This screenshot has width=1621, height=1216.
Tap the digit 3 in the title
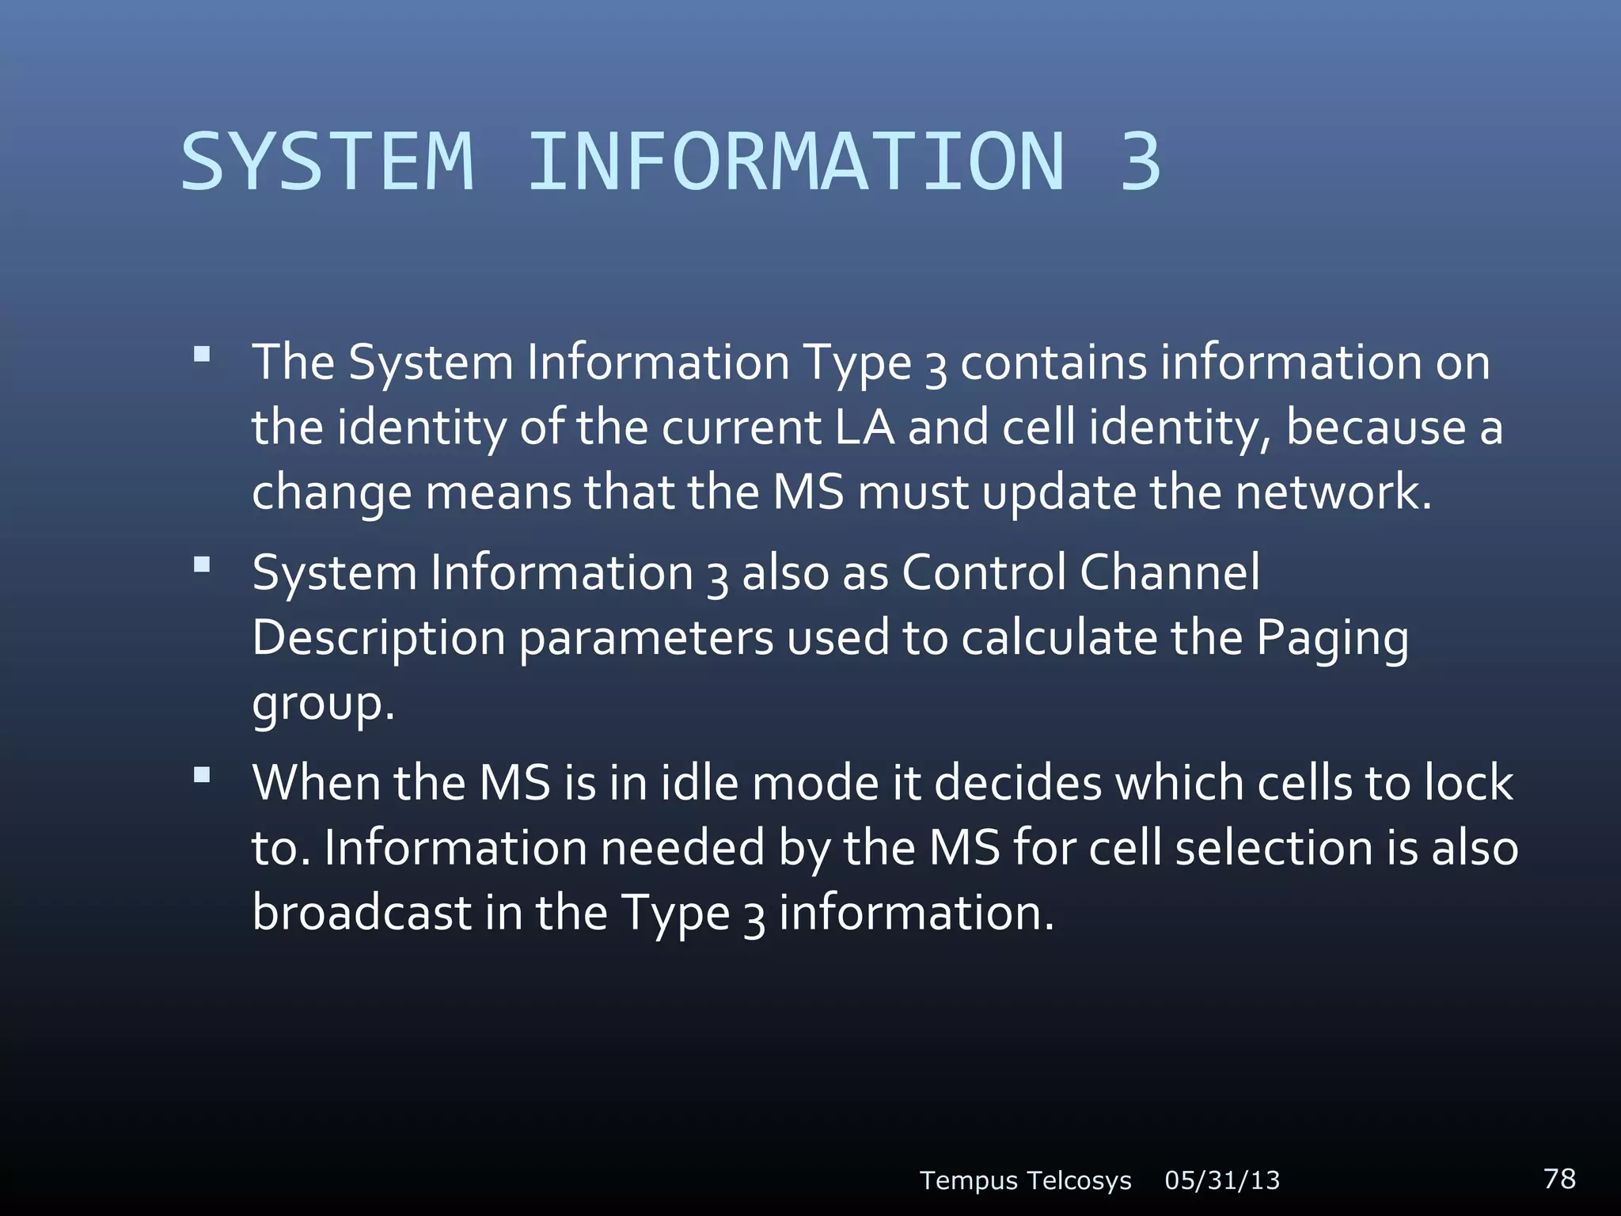(1140, 162)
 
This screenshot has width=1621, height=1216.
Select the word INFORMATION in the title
(795, 162)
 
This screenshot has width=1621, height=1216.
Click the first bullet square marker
(202, 354)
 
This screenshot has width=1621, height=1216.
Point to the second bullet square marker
(202, 564)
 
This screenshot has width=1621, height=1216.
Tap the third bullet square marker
(202, 775)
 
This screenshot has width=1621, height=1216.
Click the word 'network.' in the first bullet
(1334, 492)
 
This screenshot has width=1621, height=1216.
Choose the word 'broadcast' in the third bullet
(362, 913)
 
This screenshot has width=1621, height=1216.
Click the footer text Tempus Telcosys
(1025, 1180)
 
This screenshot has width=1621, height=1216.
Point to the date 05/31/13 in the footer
(1222, 1180)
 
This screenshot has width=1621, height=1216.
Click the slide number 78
(1559, 1178)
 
